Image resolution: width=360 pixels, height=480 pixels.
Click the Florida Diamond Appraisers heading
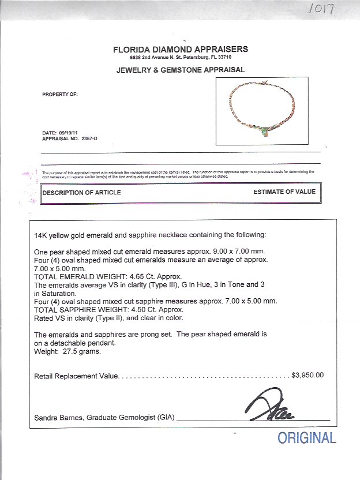(x=181, y=50)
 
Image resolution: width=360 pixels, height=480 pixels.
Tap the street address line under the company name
(x=180, y=58)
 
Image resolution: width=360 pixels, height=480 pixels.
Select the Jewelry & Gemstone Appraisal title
(x=181, y=70)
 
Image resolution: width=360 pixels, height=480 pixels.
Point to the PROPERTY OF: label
(x=60, y=94)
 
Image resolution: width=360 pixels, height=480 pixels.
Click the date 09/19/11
(x=72, y=134)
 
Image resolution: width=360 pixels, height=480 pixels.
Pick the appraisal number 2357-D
(x=88, y=140)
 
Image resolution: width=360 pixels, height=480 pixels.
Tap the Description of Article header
(x=82, y=192)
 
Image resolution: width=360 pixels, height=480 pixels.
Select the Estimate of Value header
(x=284, y=192)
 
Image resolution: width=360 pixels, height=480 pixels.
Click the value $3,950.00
(x=308, y=375)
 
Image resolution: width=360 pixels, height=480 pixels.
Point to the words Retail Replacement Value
(x=76, y=376)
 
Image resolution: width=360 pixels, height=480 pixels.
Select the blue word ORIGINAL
(x=306, y=438)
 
